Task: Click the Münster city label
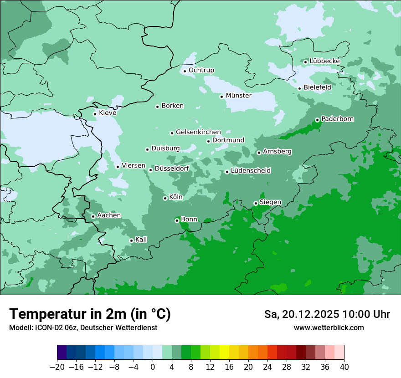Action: click(x=238, y=96)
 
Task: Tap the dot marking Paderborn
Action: click(x=317, y=120)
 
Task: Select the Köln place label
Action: click(x=175, y=197)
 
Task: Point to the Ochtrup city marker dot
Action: click(x=185, y=71)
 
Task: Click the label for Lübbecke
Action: click(x=324, y=61)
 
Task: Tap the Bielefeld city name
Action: click(x=317, y=87)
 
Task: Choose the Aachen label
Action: click(x=109, y=215)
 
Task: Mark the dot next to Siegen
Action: click(x=256, y=203)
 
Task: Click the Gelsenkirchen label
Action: click(x=198, y=132)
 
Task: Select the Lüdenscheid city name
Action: click(x=251, y=171)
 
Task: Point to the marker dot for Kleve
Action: click(x=95, y=114)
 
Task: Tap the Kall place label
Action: click(x=141, y=240)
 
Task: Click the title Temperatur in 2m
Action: click(x=90, y=314)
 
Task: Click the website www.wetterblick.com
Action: click(x=329, y=328)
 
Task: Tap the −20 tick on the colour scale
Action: click(x=57, y=367)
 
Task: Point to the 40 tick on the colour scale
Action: click(x=344, y=367)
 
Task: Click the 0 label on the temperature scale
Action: click(x=153, y=367)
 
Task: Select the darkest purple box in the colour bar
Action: click(x=62, y=352)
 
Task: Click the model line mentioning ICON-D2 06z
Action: click(x=83, y=328)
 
